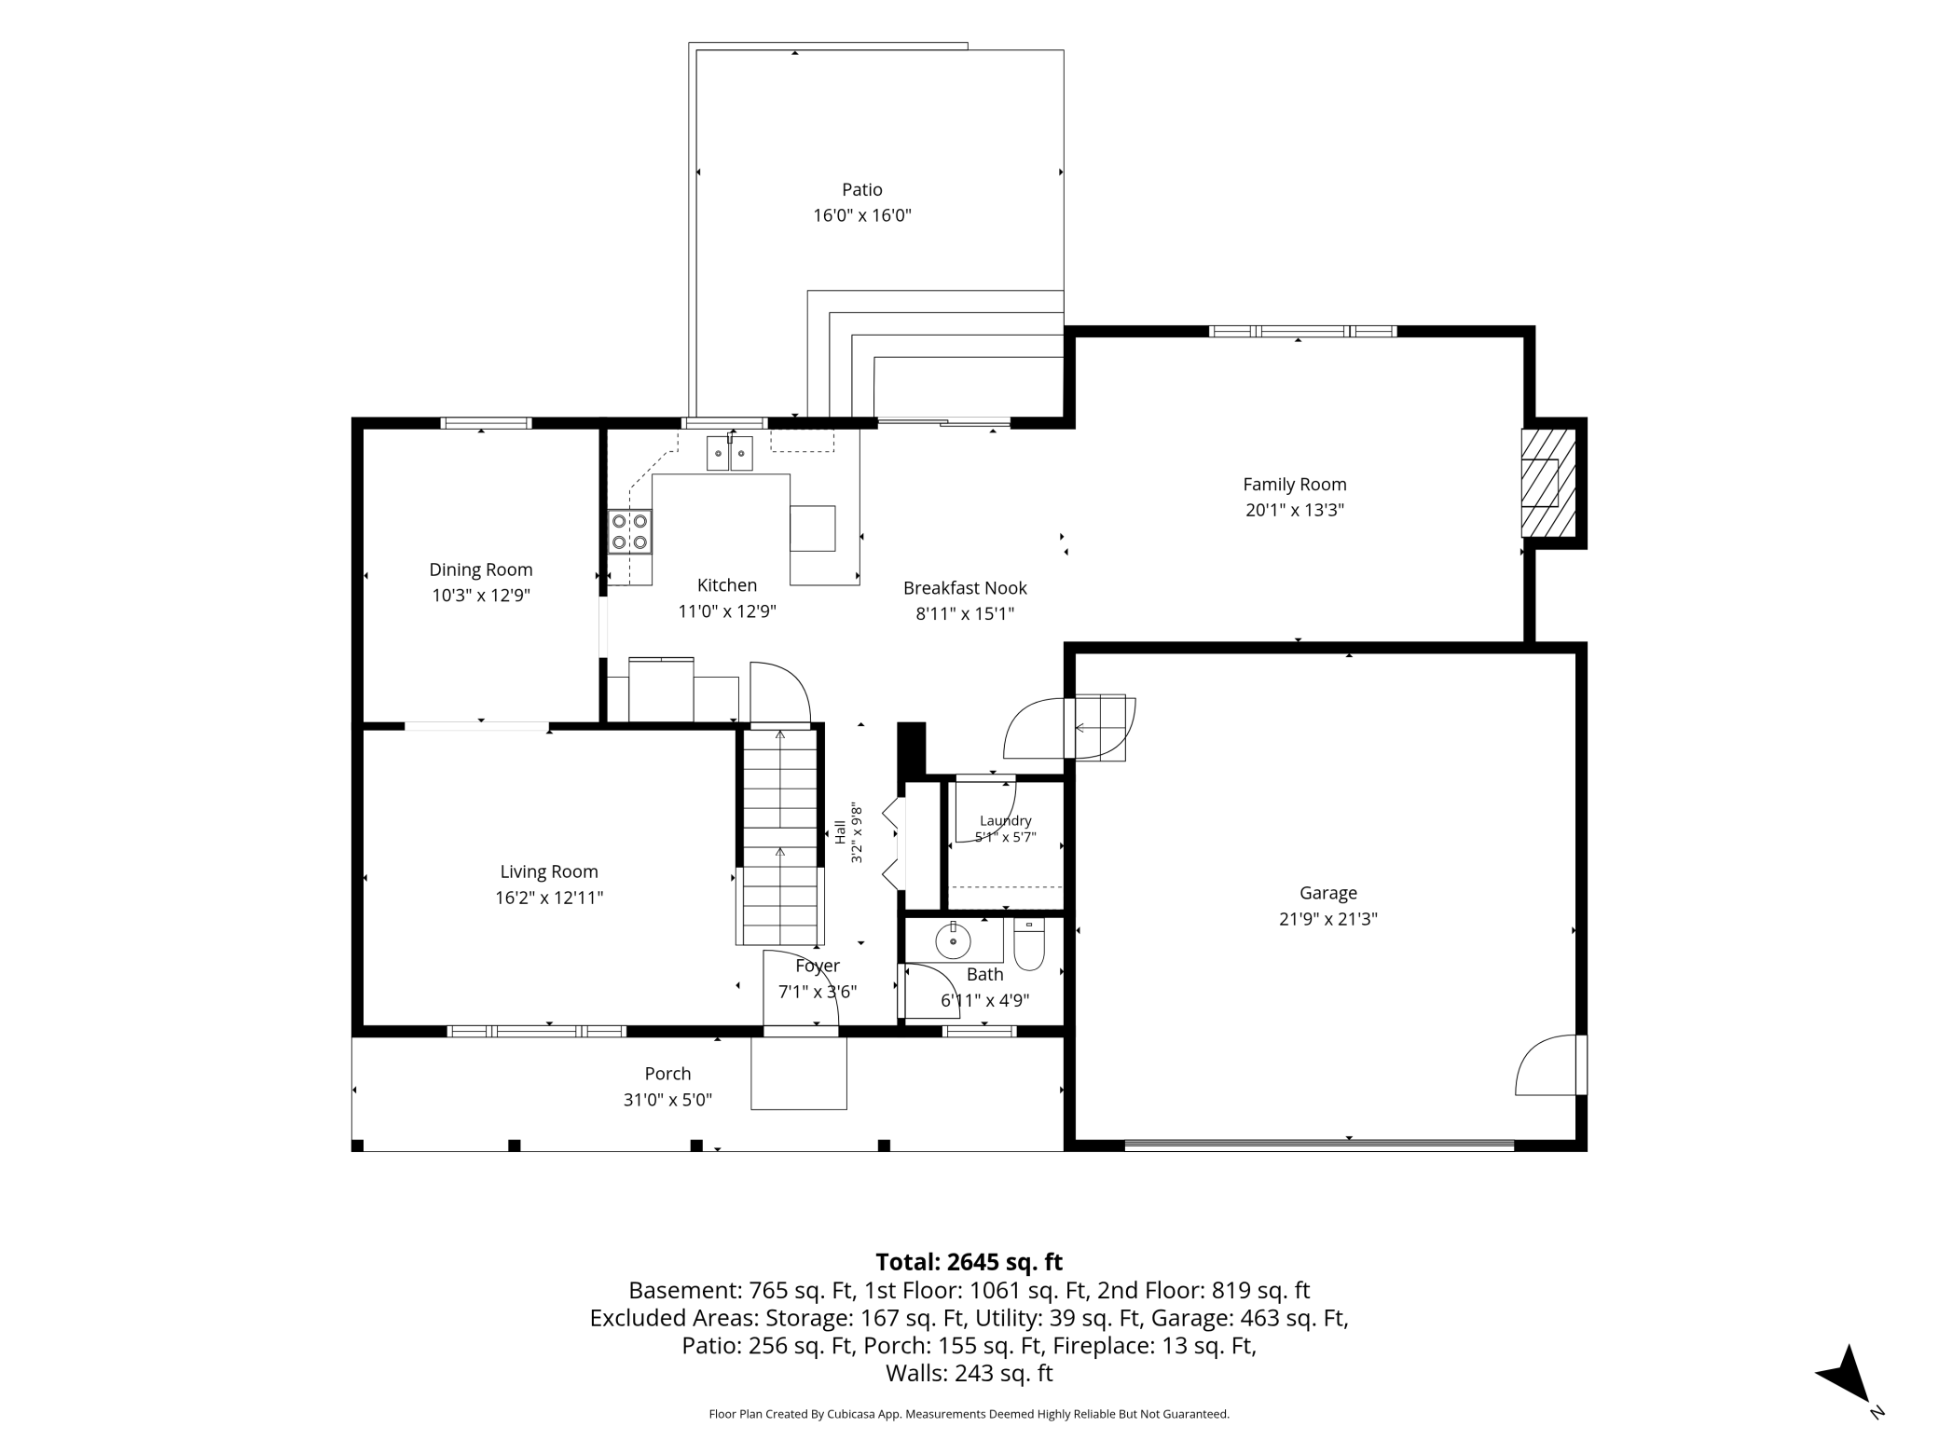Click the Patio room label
click(x=862, y=190)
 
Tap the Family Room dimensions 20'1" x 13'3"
click(x=1295, y=510)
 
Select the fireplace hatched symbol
click(x=1548, y=483)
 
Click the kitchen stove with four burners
click(x=629, y=532)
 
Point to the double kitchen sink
click(x=729, y=453)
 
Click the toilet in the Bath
click(x=1029, y=943)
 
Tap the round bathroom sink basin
click(x=953, y=941)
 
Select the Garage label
click(x=1328, y=893)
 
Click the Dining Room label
click(x=481, y=569)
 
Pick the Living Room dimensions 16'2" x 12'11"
click(x=549, y=898)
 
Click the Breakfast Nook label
click(x=965, y=588)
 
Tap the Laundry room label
click(x=1005, y=820)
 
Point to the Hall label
click(x=840, y=832)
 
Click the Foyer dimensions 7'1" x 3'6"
click(x=818, y=992)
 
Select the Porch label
click(x=667, y=1074)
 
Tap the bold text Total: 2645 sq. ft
click(x=969, y=1262)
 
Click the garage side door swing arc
click(x=1545, y=1063)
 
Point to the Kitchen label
click(x=727, y=585)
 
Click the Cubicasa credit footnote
click(x=969, y=1414)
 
